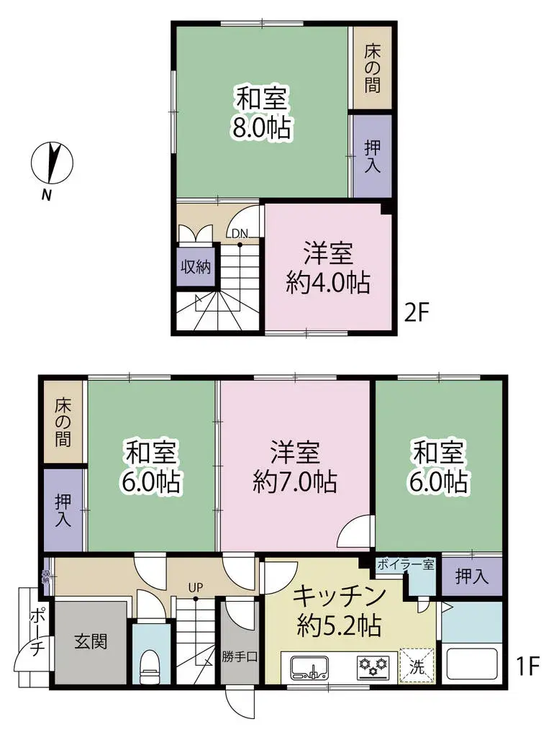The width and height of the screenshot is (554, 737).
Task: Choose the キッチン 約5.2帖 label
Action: point(339,612)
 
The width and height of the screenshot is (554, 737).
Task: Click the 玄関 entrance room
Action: point(91,641)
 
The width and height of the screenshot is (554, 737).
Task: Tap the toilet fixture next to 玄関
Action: point(150,666)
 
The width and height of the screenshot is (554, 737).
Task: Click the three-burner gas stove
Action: point(373,667)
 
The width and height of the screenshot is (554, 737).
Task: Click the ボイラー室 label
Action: point(405,564)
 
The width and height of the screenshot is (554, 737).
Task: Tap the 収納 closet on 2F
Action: point(195,267)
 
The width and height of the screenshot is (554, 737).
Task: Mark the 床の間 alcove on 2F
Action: point(371,68)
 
